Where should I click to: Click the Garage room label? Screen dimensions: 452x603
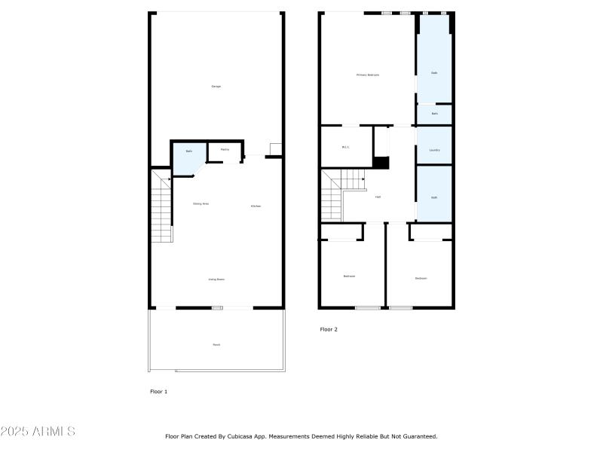pos(216,87)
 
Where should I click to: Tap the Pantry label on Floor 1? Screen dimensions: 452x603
pos(225,150)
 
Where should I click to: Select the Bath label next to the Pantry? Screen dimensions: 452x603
pos(189,151)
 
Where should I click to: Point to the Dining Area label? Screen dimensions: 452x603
pos(200,203)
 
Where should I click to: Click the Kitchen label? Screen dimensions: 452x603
pos(256,206)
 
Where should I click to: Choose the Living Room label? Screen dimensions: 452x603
pos(216,279)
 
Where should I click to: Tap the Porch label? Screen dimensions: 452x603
pos(216,344)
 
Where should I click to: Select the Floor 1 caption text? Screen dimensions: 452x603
pos(159,392)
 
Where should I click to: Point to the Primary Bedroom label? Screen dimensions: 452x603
pos(368,75)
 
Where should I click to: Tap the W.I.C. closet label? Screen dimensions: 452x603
pos(345,147)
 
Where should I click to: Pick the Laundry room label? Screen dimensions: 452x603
pos(434,150)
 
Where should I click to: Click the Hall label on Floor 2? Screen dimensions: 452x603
pos(378,197)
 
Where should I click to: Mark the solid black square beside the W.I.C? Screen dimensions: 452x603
pos(381,163)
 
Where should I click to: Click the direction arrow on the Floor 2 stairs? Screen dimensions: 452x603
pos(363,179)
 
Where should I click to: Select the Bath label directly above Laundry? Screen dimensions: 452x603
pos(435,114)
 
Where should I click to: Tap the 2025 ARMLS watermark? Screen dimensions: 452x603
pos(38,432)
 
